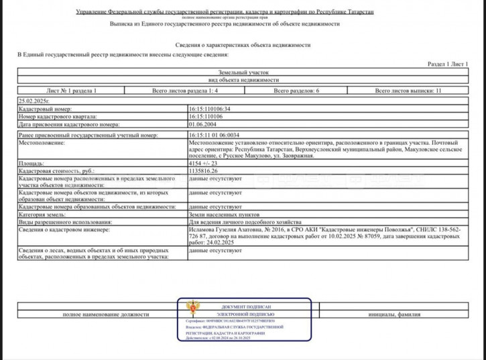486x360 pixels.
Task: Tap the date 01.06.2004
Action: pos(202,124)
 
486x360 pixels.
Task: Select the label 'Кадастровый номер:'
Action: pos(44,108)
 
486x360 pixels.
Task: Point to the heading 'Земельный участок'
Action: pos(243,71)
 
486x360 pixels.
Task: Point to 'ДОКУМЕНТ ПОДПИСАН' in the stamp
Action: pos(246,306)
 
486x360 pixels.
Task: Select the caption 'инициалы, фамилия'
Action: pos(394,314)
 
